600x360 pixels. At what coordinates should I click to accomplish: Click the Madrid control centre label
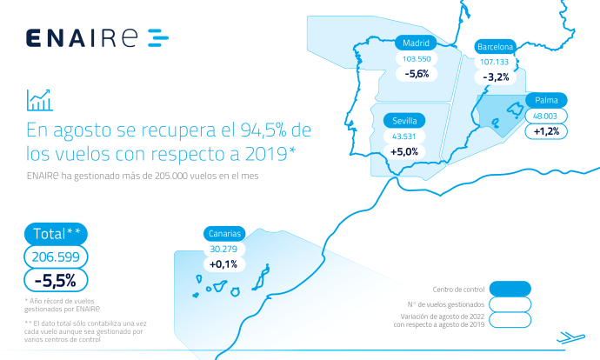tap(416, 43)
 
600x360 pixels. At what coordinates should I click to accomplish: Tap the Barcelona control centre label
tap(495, 47)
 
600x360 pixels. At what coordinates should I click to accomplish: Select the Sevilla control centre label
tap(404, 121)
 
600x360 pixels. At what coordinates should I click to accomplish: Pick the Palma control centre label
tap(546, 100)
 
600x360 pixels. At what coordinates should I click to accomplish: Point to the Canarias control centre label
tap(224, 233)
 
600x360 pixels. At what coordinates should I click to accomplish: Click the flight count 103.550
tap(417, 59)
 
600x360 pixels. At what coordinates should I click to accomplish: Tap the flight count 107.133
tap(495, 62)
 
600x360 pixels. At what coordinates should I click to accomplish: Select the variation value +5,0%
tap(404, 152)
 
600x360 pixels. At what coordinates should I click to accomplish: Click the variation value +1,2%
tap(546, 131)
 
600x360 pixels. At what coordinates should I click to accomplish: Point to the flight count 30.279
tap(223, 249)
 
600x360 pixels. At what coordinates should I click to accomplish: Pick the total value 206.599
tap(56, 257)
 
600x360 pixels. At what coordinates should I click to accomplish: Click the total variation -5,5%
tap(56, 281)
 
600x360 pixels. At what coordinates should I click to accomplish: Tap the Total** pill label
tap(56, 234)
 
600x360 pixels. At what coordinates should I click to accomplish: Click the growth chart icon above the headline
tap(39, 100)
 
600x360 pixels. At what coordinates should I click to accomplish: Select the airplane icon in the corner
tap(570, 337)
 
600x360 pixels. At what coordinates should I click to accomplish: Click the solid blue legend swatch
tap(510, 289)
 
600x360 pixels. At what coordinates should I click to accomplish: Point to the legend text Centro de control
tap(458, 290)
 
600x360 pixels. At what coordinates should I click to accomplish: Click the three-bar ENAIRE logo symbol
tap(158, 38)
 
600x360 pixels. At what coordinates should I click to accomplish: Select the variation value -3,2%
tap(496, 77)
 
